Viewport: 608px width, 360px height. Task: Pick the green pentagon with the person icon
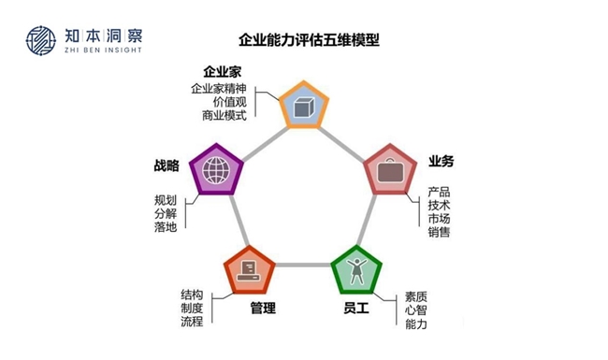click(x=357, y=271)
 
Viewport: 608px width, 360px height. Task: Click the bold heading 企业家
click(x=223, y=72)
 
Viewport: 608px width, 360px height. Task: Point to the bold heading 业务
click(x=442, y=161)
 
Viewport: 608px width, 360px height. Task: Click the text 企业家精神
click(x=218, y=89)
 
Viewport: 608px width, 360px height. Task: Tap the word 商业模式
click(x=224, y=116)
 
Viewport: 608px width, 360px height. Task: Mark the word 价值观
click(x=229, y=102)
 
